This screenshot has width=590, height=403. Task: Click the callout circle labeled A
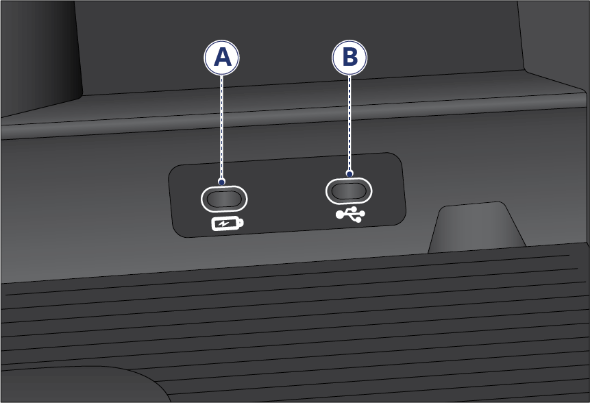coord(221,58)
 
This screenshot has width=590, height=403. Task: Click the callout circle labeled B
coord(349,58)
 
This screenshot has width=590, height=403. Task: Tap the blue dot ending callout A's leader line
coord(221,182)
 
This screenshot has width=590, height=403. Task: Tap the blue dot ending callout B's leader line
coord(349,174)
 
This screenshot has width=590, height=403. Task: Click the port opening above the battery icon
coord(224,199)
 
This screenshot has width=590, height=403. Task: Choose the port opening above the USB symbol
coord(349,191)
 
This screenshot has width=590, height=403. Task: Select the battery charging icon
coord(228,224)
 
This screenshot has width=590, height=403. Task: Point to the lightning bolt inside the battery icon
coord(224,224)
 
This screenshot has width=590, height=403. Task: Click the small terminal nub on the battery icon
coord(241,223)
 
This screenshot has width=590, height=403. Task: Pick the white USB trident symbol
coord(350,214)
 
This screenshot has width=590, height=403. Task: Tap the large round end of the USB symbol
coord(339,215)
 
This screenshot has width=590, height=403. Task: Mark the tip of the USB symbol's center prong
coord(363,214)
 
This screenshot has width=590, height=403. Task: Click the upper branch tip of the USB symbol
coord(354,208)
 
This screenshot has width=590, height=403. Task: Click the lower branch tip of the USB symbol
coord(358,219)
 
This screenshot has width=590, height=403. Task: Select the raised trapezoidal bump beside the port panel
coord(477,228)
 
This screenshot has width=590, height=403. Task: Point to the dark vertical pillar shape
coord(40,56)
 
